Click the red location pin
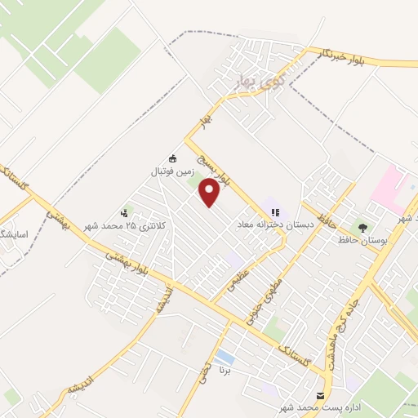[x=210, y=193]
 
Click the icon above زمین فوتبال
[x=172, y=158]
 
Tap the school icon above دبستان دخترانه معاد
[x=273, y=209]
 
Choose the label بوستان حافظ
[x=363, y=241]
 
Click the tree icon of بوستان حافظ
[x=362, y=227]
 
